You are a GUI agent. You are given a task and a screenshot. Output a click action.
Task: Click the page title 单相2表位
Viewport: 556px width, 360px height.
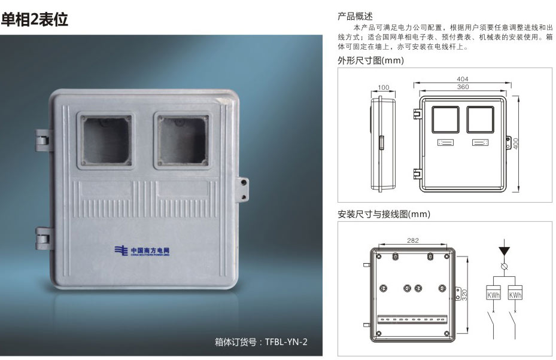(34, 19)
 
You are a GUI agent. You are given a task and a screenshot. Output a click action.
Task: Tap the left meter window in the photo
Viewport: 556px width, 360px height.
(106, 141)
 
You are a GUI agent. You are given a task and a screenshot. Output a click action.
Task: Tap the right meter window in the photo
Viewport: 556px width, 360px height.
(183, 141)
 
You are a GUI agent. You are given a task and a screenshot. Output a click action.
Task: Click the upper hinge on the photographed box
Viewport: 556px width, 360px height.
(43, 141)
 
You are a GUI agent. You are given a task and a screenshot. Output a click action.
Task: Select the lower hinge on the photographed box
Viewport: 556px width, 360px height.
(43, 239)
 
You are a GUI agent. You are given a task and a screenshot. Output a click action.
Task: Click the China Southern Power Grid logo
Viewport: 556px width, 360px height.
(142, 251)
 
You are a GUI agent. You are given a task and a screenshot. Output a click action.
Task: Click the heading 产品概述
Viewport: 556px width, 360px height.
(355, 16)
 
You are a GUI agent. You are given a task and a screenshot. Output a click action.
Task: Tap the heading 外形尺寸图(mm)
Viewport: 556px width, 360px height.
(370, 60)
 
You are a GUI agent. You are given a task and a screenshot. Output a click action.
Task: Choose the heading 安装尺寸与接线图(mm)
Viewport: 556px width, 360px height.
(384, 214)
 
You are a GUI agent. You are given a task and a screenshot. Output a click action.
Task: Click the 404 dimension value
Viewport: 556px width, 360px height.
(463, 79)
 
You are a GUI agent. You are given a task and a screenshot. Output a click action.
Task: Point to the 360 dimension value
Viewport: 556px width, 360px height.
(463, 87)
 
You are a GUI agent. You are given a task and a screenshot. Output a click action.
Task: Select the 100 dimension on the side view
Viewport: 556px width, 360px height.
(383, 87)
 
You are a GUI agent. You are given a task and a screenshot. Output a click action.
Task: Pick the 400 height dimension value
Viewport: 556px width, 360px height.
(516, 143)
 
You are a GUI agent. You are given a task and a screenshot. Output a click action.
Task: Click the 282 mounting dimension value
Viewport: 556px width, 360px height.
(413, 240)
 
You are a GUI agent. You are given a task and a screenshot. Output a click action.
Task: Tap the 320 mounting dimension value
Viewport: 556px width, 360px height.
(464, 295)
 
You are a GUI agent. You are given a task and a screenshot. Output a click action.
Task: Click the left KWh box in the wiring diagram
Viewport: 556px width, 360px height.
(493, 292)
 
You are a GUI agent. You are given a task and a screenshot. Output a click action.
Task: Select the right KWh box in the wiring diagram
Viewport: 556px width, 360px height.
(515, 292)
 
